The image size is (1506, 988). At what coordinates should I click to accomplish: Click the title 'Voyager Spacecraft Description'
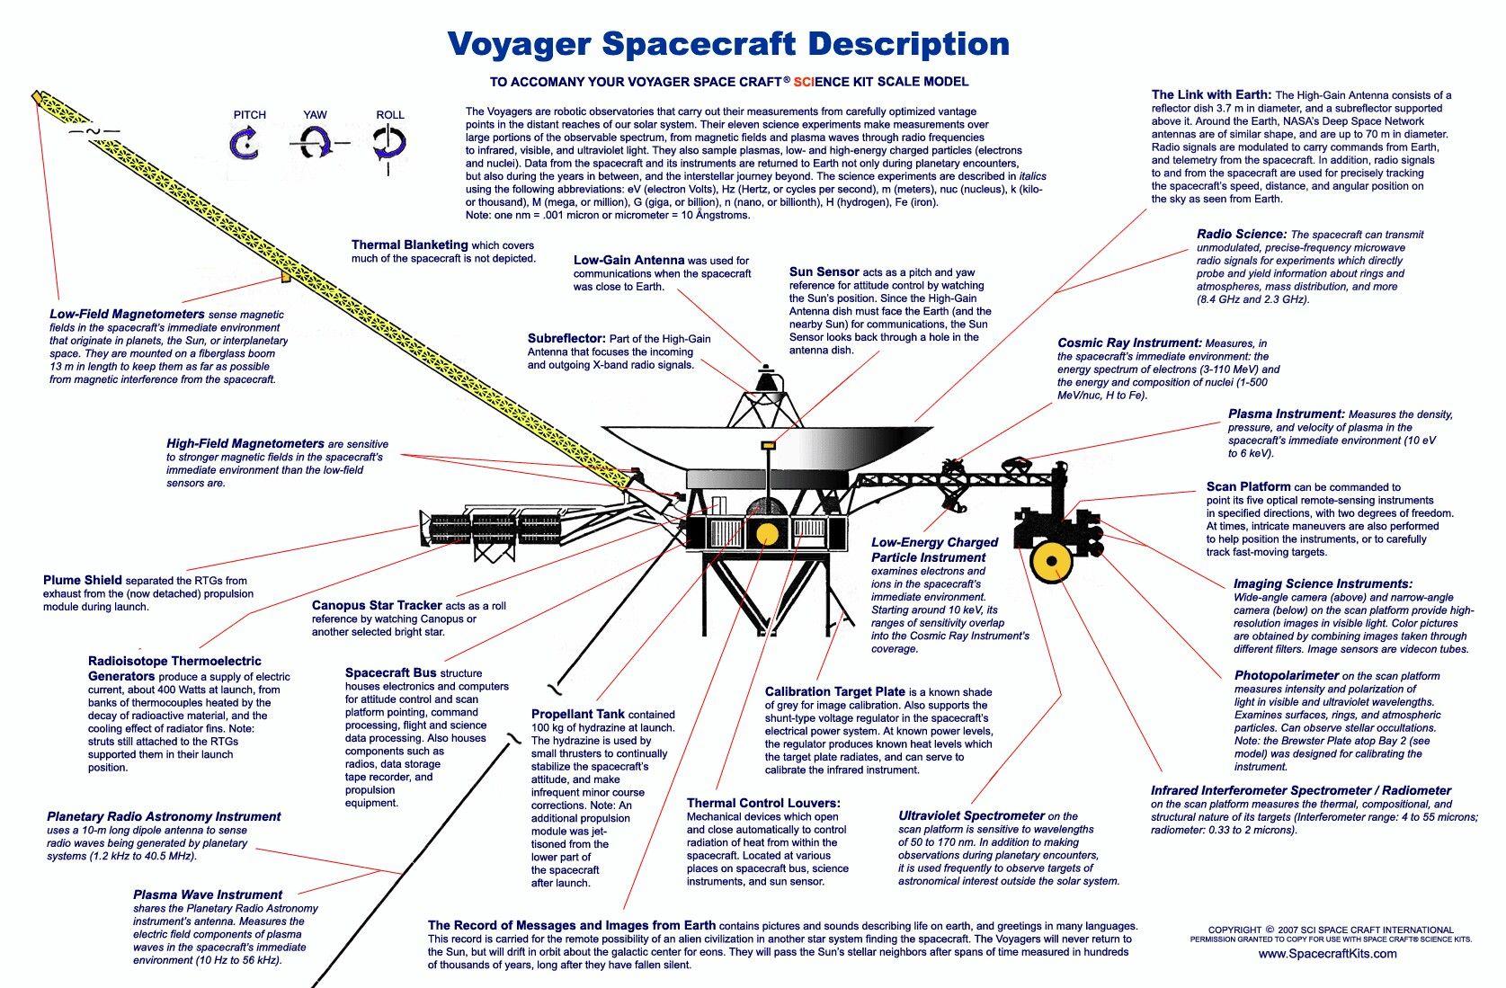pos(728,43)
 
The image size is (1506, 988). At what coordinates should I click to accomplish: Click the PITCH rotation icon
pos(244,142)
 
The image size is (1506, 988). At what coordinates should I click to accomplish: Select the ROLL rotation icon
pos(389,142)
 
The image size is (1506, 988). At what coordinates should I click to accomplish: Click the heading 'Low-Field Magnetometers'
pos(127,315)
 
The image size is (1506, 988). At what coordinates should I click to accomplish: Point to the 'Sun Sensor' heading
pos(824,271)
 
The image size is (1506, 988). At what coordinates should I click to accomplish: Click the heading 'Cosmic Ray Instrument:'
pos(1129,343)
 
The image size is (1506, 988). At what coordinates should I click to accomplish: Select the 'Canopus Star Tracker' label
pos(377,605)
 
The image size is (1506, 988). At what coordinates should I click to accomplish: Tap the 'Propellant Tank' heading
pos(577,714)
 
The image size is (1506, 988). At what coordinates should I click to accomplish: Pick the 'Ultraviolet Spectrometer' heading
pos(971,815)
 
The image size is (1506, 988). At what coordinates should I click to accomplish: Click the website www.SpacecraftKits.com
pos(1327,953)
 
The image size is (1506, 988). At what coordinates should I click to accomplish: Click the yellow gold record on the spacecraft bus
pos(766,534)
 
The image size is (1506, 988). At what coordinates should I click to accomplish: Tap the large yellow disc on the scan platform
pos(1049,563)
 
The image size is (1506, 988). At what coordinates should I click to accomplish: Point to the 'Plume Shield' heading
pos(83,580)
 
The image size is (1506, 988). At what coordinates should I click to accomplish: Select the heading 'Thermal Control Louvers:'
pos(763,802)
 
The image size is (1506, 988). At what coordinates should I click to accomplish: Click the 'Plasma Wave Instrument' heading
pos(208,895)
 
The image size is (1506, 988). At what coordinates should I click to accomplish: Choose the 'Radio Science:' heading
pos(1241,234)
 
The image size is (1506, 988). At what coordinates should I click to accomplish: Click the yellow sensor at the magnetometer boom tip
pos(37,95)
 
